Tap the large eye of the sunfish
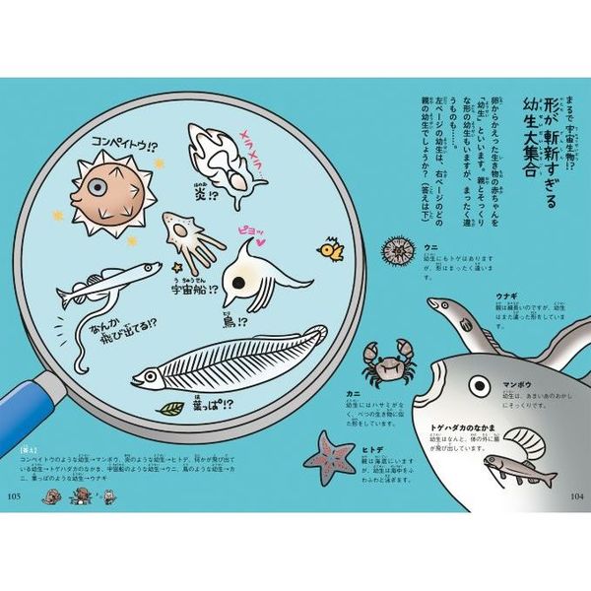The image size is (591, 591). pos(480,384)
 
